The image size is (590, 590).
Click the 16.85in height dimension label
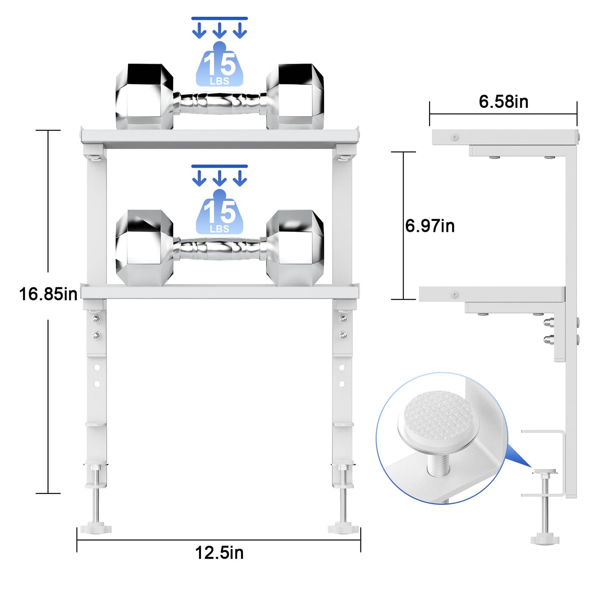pyautogui.click(x=48, y=294)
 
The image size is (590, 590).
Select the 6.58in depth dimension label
pyautogui.click(x=503, y=102)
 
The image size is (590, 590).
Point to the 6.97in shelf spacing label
pyautogui.click(x=430, y=226)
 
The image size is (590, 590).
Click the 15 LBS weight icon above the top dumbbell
pyautogui.click(x=220, y=64)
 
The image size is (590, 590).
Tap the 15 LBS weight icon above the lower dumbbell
pyautogui.click(x=220, y=212)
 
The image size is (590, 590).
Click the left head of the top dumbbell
pyautogui.click(x=144, y=96)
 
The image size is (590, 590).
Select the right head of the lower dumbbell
pyautogui.click(x=295, y=248)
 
